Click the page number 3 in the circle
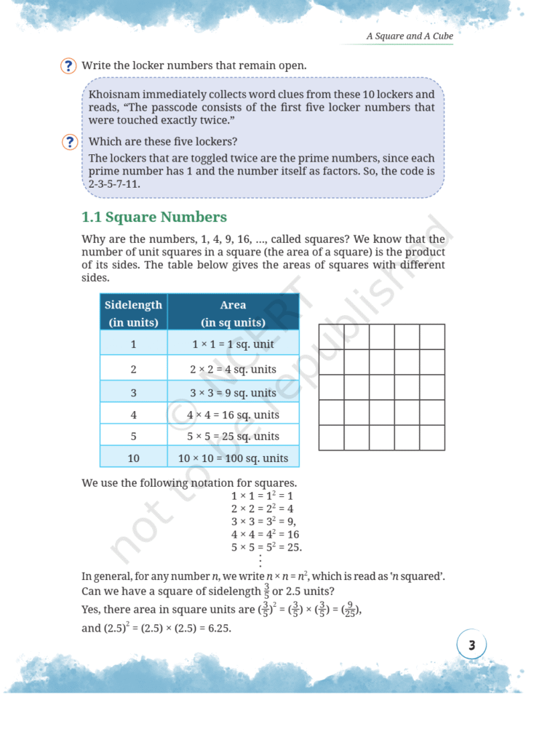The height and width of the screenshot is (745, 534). pyautogui.click(x=471, y=645)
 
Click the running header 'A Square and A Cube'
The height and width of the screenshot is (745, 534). pyautogui.click(x=409, y=36)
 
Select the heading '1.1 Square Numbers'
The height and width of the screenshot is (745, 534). pyautogui.click(x=154, y=217)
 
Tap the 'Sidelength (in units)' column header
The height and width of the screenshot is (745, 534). pyautogui.click(x=133, y=313)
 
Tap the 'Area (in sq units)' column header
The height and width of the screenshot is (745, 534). pyautogui.click(x=233, y=313)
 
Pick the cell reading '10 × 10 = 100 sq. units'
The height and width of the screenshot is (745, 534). pyautogui.click(x=233, y=458)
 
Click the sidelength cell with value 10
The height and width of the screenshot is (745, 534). pyautogui.click(x=133, y=458)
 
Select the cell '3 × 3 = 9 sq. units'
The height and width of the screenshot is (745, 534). pyautogui.click(x=233, y=393)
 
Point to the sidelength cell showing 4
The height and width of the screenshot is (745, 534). pyautogui.click(x=133, y=415)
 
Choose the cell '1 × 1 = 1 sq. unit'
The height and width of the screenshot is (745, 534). pyautogui.click(x=233, y=344)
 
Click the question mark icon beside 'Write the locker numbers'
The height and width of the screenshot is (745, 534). pyautogui.click(x=68, y=66)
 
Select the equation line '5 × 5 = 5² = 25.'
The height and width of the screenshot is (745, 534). pyautogui.click(x=266, y=547)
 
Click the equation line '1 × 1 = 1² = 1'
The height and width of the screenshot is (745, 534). pyautogui.click(x=262, y=495)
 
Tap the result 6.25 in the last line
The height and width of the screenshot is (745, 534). pyautogui.click(x=217, y=628)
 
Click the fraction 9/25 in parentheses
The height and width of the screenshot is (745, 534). pyautogui.click(x=351, y=610)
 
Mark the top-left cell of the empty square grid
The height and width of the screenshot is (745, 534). pyautogui.click(x=331, y=337)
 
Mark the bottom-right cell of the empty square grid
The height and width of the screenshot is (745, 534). pyautogui.click(x=432, y=437)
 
